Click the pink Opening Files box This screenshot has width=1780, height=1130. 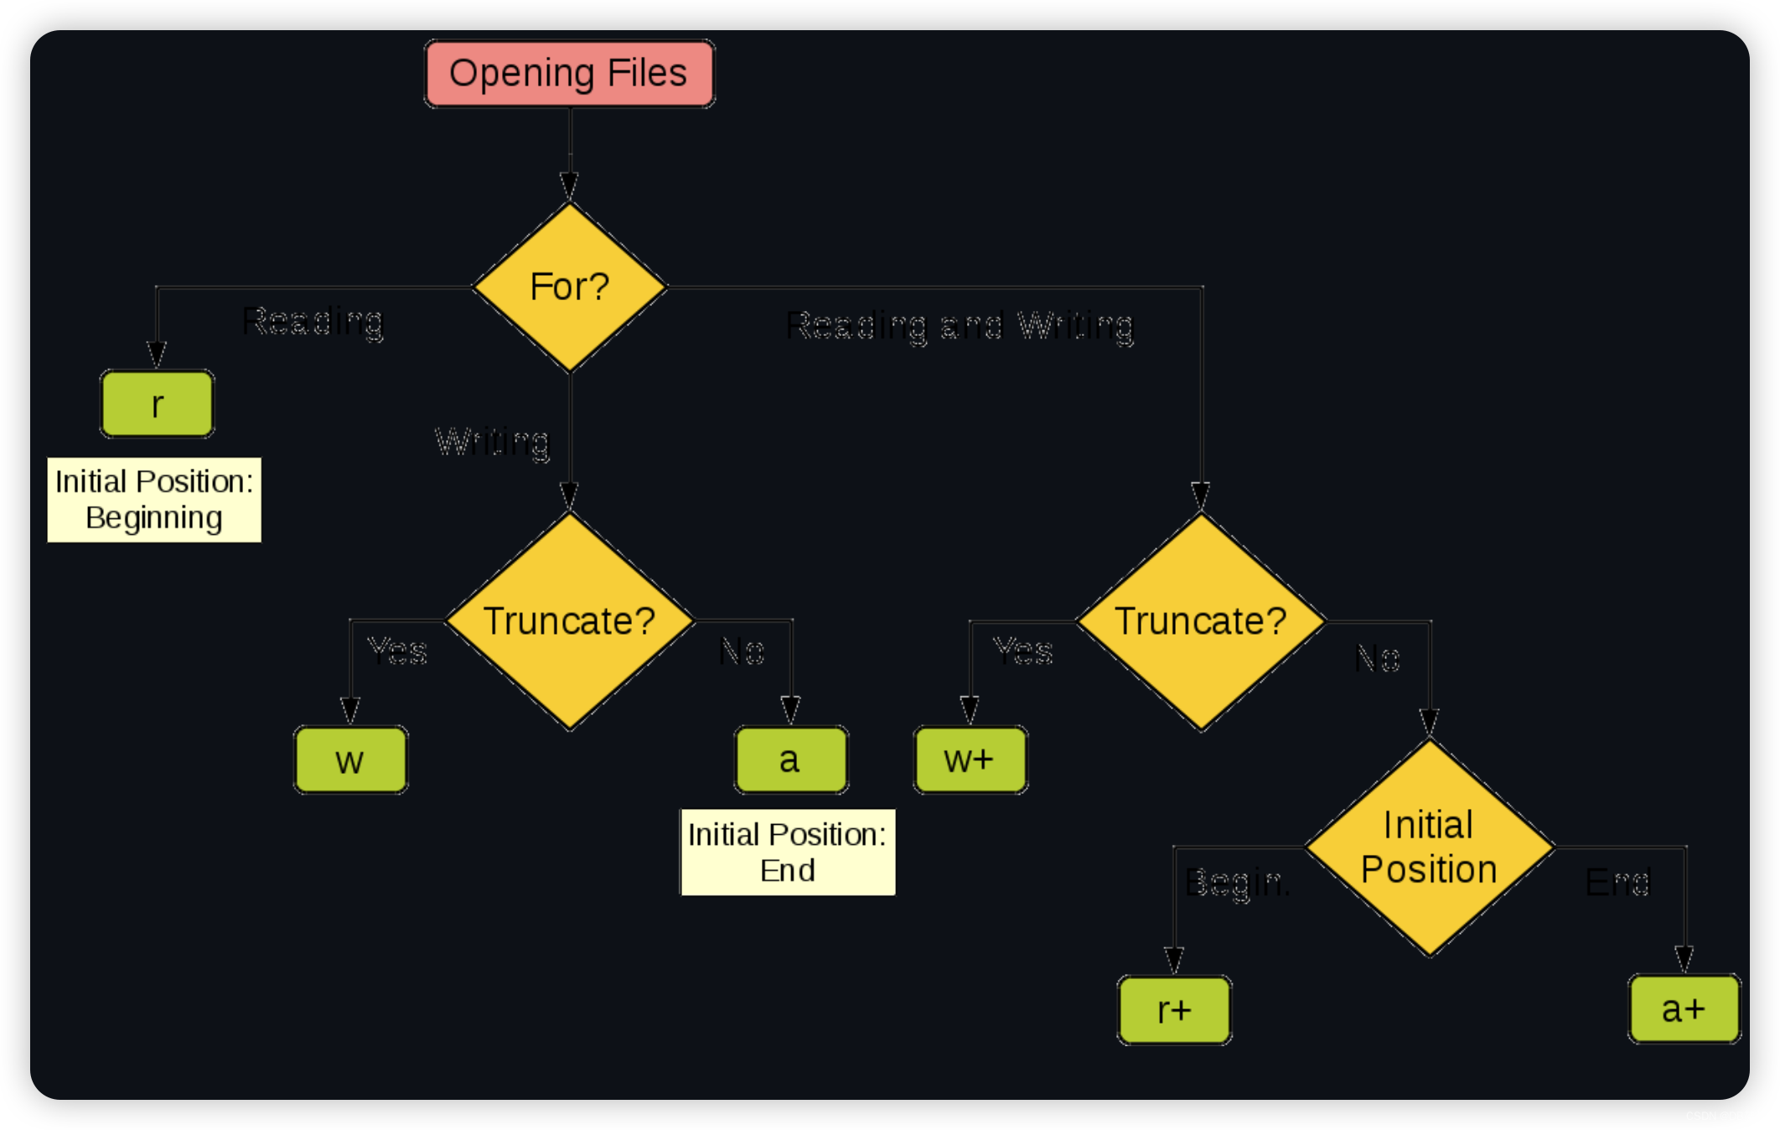(x=569, y=74)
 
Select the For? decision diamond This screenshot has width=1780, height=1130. (x=569, y=287)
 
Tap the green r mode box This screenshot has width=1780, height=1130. (x=157, y=404)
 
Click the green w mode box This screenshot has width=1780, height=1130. (x=350, y=759)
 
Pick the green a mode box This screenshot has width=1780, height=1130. (x=790, y=759)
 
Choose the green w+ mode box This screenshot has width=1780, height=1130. (x=970, y=759)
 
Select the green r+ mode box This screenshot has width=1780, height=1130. (x=1174, y=1010)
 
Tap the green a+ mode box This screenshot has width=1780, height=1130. (x=1684, y=1008)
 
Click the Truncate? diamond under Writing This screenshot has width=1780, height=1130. (x=569, y=621)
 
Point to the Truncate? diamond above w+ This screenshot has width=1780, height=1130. (x=1200, y=621)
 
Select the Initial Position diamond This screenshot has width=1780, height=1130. (x=1429, y=847)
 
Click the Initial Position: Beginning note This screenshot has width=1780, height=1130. (x=154, y=500)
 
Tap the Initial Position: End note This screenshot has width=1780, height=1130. (x=787, y=852)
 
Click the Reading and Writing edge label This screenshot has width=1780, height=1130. (x=960, y=325)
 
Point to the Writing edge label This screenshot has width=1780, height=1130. (x=493, y=441)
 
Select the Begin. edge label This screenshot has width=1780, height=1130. (x=1237, y=883)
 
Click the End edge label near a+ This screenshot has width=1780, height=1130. (x=1617, y=882)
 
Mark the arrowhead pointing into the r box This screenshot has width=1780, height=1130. (x=157, y=354)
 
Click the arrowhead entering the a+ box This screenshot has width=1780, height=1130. (x=1684, y=958)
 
